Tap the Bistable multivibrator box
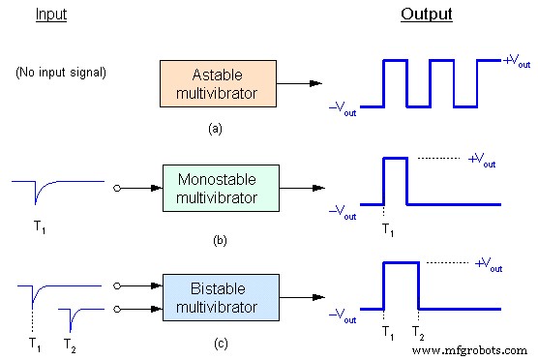click(x=221, y=297)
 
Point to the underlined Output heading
click(x=426, y=15)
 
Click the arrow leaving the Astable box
click(x=300, y=83)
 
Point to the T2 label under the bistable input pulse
click(x=71, y=344)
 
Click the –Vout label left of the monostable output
click(x=342, y=207)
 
